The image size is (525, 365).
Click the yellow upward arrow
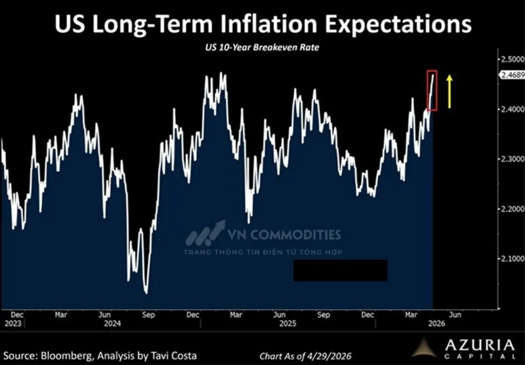(x=450, y=91)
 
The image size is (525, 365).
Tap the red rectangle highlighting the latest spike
(x=428, y=91)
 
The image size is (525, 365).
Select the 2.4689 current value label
(x=513, y=75)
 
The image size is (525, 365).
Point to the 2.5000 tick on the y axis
(x=513, y=59)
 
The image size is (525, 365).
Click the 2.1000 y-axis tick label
(x=513, y=259)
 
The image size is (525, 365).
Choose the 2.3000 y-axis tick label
(x=513, y=159)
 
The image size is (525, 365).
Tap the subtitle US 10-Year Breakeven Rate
(x=262, y=47)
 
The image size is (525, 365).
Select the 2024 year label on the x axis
(x=112, y=324)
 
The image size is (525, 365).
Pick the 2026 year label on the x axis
(x=436, y=324)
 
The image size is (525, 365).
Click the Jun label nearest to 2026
(x=455, y=314)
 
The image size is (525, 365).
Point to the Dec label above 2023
(x=17, y=314)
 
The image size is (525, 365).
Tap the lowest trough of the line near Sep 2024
(x=146, y=293)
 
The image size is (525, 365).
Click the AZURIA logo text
(x=480, y=345)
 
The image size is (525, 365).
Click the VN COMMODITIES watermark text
(x=284, y=234)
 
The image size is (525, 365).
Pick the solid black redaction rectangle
(x=341, y=270)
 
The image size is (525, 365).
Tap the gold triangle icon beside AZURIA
(x=424, y=347)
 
